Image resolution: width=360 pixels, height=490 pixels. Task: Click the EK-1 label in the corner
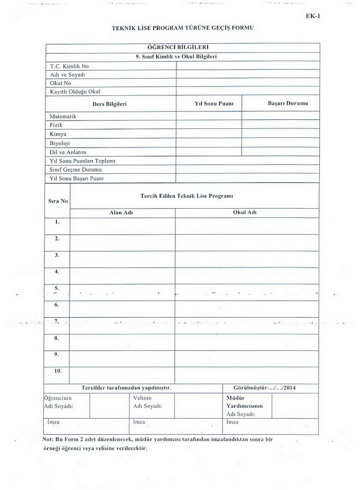point(313,17)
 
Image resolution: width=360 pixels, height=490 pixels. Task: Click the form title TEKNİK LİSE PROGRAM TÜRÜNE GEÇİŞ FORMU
point(179,28)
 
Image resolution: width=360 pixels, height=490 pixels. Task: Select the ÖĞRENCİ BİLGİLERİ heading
point(181,47)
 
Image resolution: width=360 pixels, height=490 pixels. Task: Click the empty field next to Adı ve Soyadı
point(247,74)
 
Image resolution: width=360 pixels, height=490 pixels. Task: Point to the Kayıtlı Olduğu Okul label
point(75,92)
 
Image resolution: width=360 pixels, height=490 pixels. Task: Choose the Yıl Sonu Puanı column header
point(209,103)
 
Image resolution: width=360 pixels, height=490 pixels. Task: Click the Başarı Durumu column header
point(287,103)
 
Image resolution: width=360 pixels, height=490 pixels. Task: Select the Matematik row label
point(63,116)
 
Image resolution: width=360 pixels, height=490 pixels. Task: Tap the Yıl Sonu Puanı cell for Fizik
point(209,125)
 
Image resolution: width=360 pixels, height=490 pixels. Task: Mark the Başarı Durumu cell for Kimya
point(280,134)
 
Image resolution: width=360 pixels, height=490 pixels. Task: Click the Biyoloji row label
point(60,143)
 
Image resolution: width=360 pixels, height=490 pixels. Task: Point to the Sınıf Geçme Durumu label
point(76,170)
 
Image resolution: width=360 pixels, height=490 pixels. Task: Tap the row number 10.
point(58,371)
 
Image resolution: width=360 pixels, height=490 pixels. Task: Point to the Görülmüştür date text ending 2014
point(267,387)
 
